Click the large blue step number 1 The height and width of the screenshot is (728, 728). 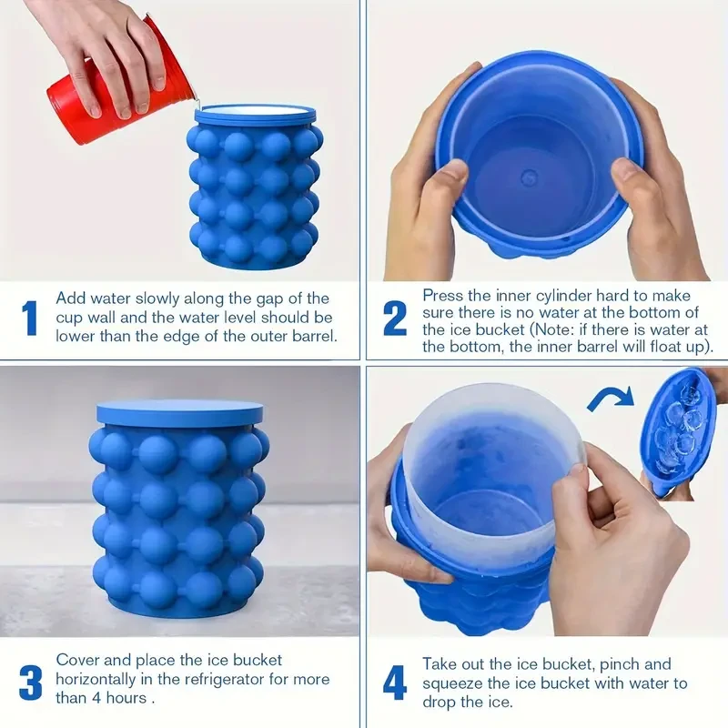point(30,318)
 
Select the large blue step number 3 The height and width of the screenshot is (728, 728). point(30,682)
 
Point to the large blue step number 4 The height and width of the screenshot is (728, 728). point(394,682)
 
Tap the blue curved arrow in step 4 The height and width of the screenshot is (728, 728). point(611,399)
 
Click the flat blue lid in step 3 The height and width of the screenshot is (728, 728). point(179,411)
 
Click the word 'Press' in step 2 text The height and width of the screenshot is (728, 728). point(442,297)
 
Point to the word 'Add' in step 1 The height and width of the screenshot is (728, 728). point(71,298)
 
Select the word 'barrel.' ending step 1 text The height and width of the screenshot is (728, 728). point(310,335)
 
